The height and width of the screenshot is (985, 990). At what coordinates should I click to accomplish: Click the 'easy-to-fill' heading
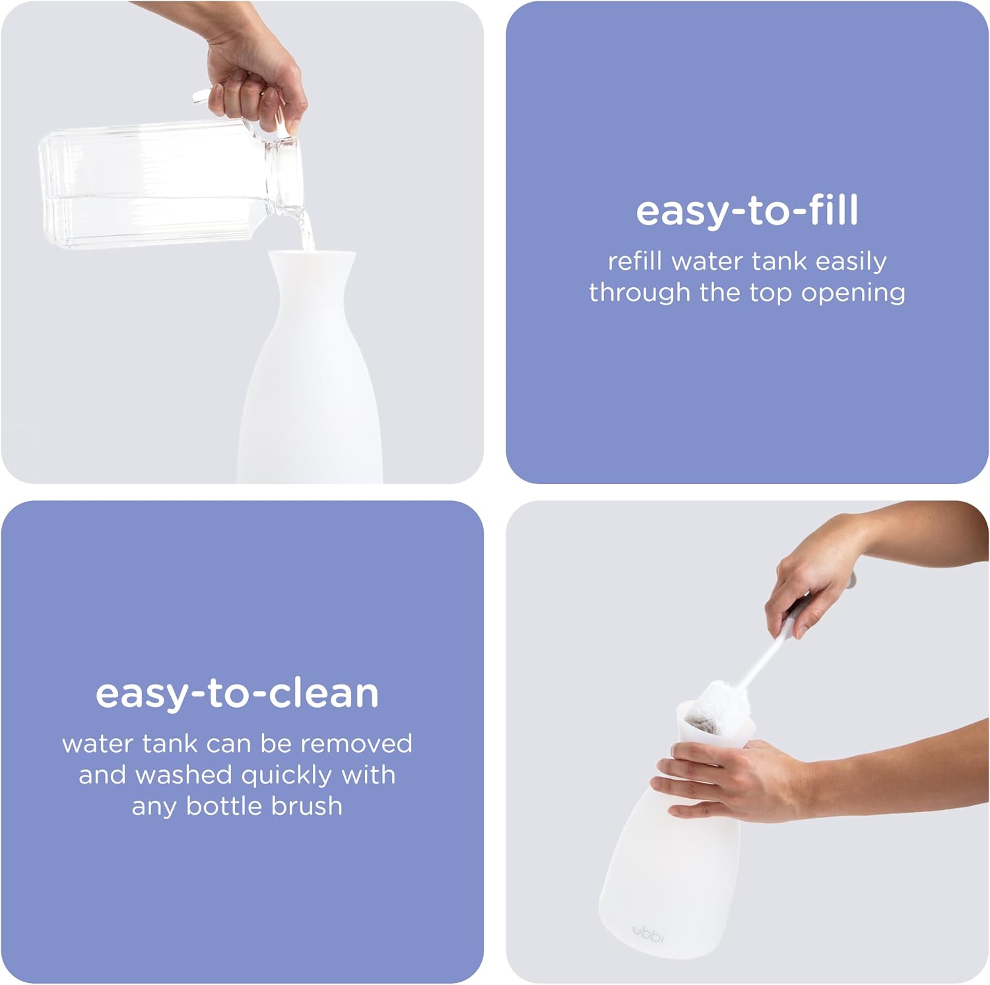(x=747, y=211)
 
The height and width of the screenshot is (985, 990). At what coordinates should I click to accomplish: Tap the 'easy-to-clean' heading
(x=238, y=693)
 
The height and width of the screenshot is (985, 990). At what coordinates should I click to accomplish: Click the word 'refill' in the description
(x=634, y=261)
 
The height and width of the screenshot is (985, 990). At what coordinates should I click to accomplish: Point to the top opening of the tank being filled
(x=311, y=254)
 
